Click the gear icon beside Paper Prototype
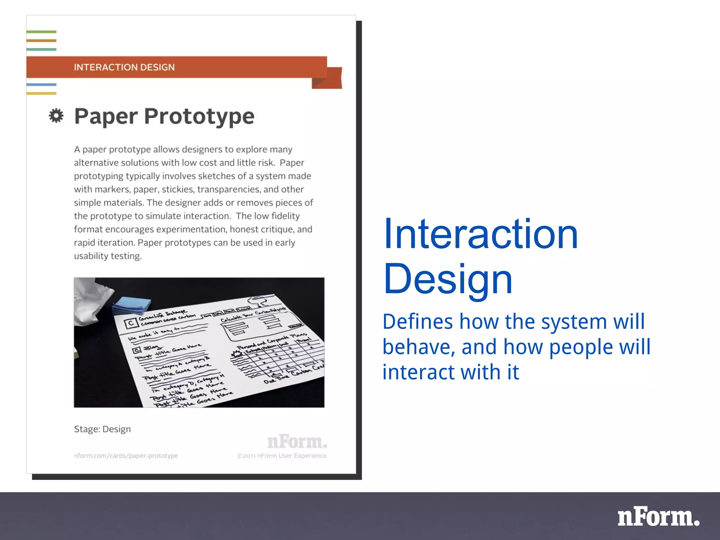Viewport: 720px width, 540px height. [x=56, y=116]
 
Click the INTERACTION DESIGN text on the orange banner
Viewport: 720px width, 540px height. [x=124, y=67]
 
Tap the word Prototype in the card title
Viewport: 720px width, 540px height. [x=199, y=116]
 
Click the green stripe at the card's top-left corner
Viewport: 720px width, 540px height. [x=41, y=32]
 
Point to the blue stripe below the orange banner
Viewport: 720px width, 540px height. [x=41, y=84]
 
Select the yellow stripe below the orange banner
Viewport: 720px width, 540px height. [x=41, y=93]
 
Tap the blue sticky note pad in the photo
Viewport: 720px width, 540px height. [x=131, y=305]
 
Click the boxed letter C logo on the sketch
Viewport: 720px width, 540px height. [x=131, y=323]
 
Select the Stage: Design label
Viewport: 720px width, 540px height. [x=102, y=429]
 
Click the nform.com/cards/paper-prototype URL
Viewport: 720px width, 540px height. [x=126, y=456]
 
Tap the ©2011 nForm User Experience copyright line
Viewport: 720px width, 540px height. [x=282, y=456]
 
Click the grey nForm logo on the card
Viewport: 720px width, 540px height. [x=297, y=442]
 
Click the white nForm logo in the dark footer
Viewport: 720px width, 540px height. [x=658, y=517]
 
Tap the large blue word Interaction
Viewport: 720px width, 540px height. [x=480, y=234]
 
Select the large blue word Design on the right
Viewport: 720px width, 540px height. [x=448, y=279]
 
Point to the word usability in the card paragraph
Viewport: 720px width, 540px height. [x=91, y=256]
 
